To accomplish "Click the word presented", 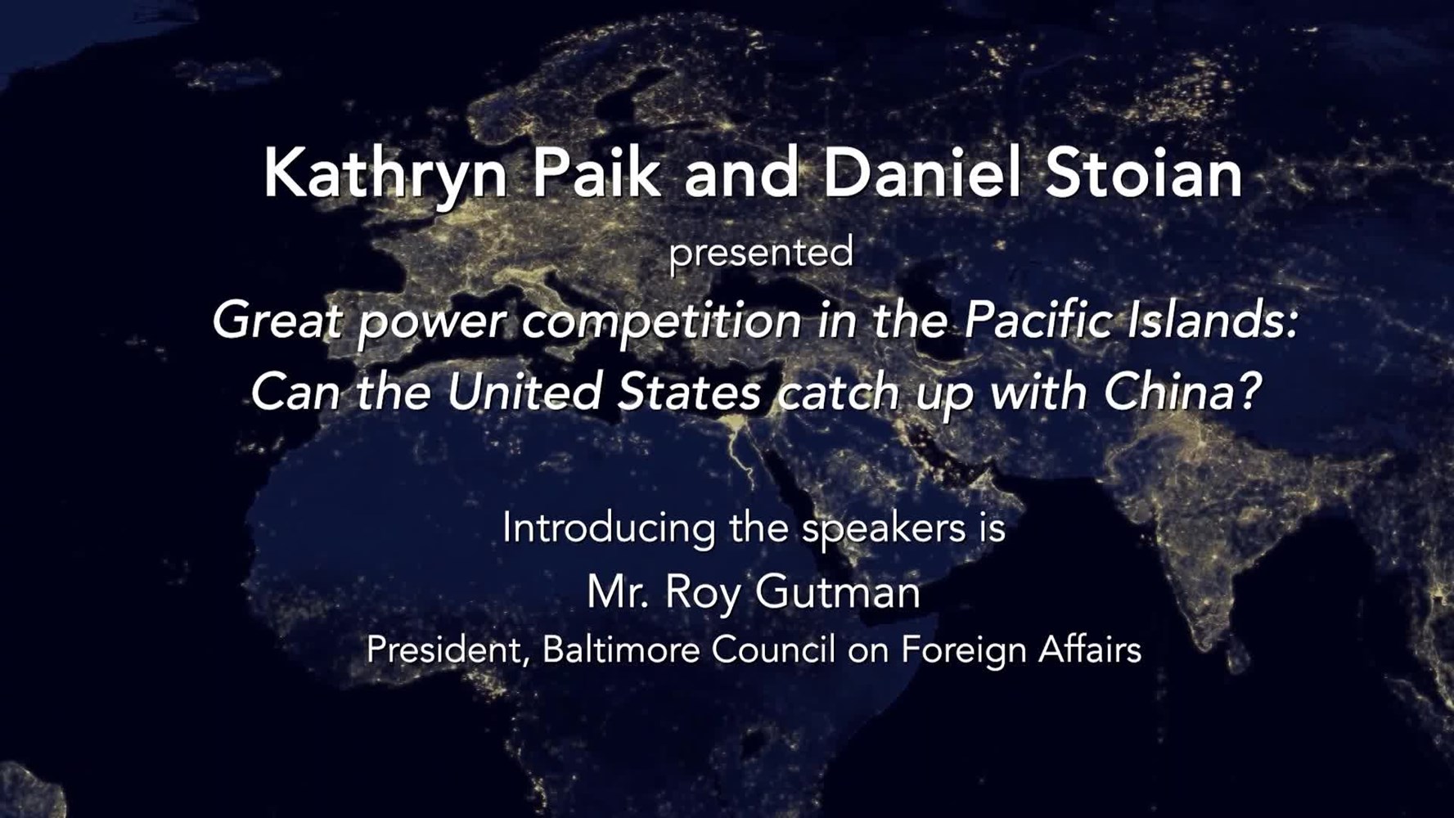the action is [x=761, y=253].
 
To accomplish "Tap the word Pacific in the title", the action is [x=1038, y=320].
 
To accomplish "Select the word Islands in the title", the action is [x=1211, y=320].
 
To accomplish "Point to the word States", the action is [x=689, y=392].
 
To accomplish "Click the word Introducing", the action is [x=609, y=528].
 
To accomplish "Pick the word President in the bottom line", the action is [x=445, y=651].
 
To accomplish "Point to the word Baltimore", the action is [x=621, y=651].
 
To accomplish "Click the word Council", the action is [x=773, y=651].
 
